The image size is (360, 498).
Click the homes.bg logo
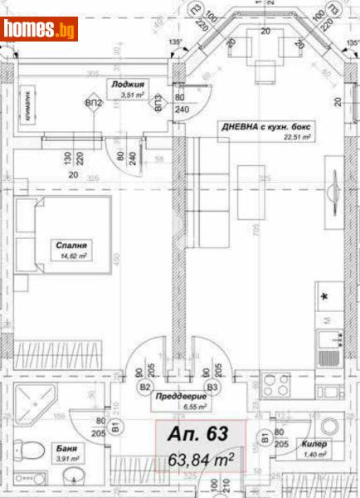(x=40, y=29)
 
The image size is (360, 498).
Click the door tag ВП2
(x=94, y=103)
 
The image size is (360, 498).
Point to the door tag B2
(x=144, y=387)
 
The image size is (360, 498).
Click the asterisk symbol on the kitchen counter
(x=324, y=295)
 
